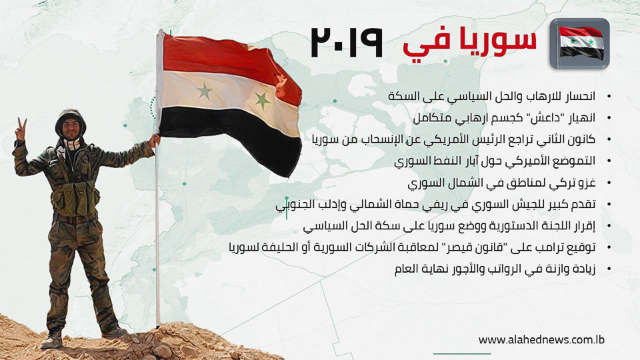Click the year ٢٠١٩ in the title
pyautogui.click(x=347, y=42)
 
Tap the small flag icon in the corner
pyautogui.click(x=579, y=44)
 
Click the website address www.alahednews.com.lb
pyautogui.click(x=541, y=339)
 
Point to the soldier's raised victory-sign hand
pyautogui.click(x=20, y=129)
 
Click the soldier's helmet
pyautogui.click(x=70, y=119)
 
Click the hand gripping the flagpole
pyautogui.click(x=155, y=140)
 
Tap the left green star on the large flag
pyautogui.click(x=205, y=91)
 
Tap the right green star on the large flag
pyautogui.click(x=262, y=100)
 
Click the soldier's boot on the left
pyautogui.click(x=52, y=339)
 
